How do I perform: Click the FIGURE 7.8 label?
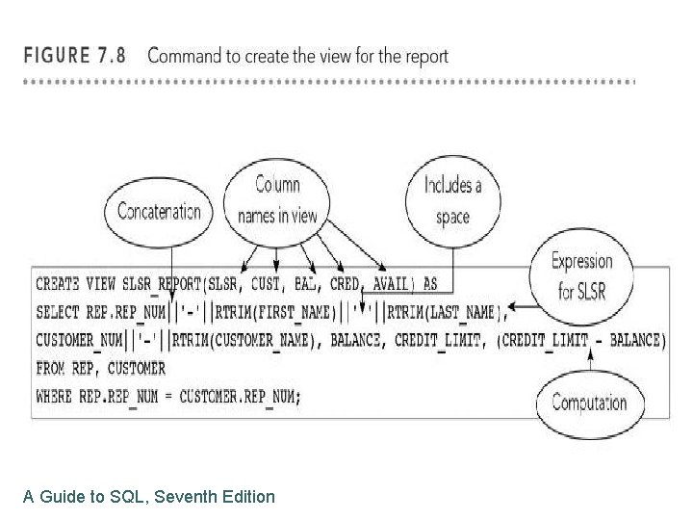coord(74,55)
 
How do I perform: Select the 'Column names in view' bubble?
coord(277,199)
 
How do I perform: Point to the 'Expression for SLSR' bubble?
coord(581,274)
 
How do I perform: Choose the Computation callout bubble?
coord(589,403)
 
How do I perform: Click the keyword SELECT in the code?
coord(58,312)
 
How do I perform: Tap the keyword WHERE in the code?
coord(54,397)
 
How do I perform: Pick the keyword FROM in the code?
coord(50,368)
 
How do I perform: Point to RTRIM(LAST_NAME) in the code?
coord(453,312)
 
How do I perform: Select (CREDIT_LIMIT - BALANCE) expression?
coord(581,340)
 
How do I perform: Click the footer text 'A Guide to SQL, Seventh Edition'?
coord(149,497)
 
